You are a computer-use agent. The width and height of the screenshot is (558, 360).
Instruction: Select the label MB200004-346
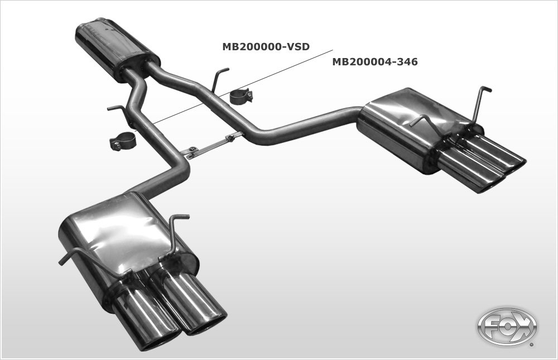click(x=375, y=62)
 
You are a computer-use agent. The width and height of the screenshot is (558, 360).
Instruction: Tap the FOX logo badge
click(x=507, y=327)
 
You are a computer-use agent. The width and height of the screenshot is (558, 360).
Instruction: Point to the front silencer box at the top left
click(x=116, y=48)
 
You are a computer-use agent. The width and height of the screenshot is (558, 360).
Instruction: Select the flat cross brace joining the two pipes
click(x=212, y=145)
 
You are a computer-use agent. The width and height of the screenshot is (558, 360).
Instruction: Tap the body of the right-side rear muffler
click(x=402, y=126)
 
